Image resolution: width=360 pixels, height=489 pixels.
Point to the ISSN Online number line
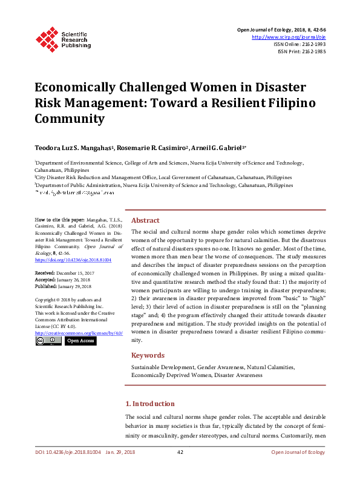300,44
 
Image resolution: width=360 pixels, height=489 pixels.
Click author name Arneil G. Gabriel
218,147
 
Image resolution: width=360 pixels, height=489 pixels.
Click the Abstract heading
145,221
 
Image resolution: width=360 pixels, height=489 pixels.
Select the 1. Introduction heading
149,404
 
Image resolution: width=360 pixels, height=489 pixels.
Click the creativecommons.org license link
79,333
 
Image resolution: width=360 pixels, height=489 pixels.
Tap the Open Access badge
80,341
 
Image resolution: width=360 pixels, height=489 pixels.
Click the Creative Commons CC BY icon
48,341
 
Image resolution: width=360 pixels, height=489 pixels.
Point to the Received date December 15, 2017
64,274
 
